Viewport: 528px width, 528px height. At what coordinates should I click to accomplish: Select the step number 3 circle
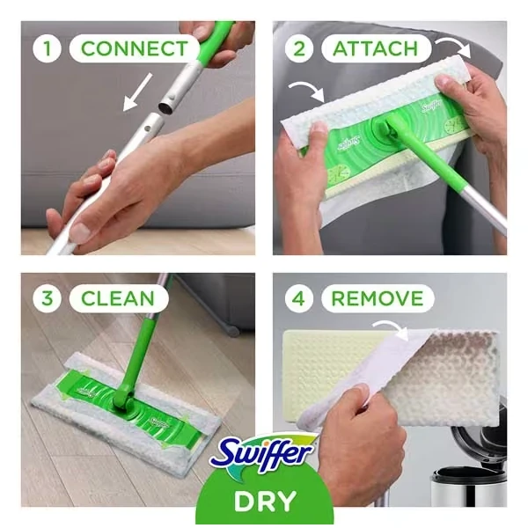[x=48, y=298]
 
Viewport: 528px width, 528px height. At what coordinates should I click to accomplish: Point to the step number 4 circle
[x=299, y=298]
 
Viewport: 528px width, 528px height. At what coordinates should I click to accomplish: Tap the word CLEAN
[x=117, y=298]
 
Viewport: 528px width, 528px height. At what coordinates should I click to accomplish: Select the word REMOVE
[x=377, y=298]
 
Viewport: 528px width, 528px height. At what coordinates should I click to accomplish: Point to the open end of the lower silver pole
[x=157, y=117]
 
